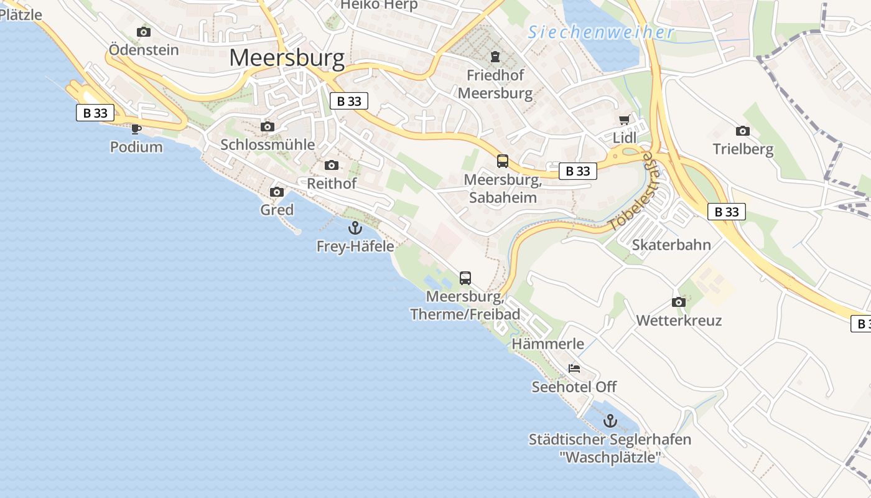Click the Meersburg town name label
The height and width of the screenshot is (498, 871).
click(x=287, y=58)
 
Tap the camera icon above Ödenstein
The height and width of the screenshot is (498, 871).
click(x=144, y=32)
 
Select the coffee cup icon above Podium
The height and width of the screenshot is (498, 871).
click(x=136, y=129)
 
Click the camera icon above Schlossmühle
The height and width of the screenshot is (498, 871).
click(x=268, y=126)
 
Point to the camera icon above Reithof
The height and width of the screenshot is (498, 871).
click(x=332, y=165)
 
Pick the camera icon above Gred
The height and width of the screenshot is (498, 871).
click(x=277, y=192)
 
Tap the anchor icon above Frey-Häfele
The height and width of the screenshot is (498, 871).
click(x=355, y=227)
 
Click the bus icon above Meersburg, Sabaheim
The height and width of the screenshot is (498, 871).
click(x=503, y=161)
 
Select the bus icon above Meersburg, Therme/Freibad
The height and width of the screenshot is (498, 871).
click(x=465, y=278)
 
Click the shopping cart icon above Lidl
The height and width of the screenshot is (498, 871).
click(x=624, y=120)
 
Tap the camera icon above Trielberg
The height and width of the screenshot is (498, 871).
click(x=742, y=131)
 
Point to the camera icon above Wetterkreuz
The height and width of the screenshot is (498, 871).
click(x=679, y=303)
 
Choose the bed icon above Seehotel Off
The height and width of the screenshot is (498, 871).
click(x=574, y=369)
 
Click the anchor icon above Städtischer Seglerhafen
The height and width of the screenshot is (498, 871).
click(x=610, y=421)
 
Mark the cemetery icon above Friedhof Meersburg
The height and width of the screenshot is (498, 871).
click(x=495, y=57)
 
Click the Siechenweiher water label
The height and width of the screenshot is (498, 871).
click(x=601, y=32)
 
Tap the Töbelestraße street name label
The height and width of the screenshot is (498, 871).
click(x=631, y=190)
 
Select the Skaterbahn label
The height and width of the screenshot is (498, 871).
click(x=671, y=245)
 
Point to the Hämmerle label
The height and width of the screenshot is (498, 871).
click(x=547, y=344)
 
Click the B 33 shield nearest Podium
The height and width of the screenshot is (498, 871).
click(x=95, y=113)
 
